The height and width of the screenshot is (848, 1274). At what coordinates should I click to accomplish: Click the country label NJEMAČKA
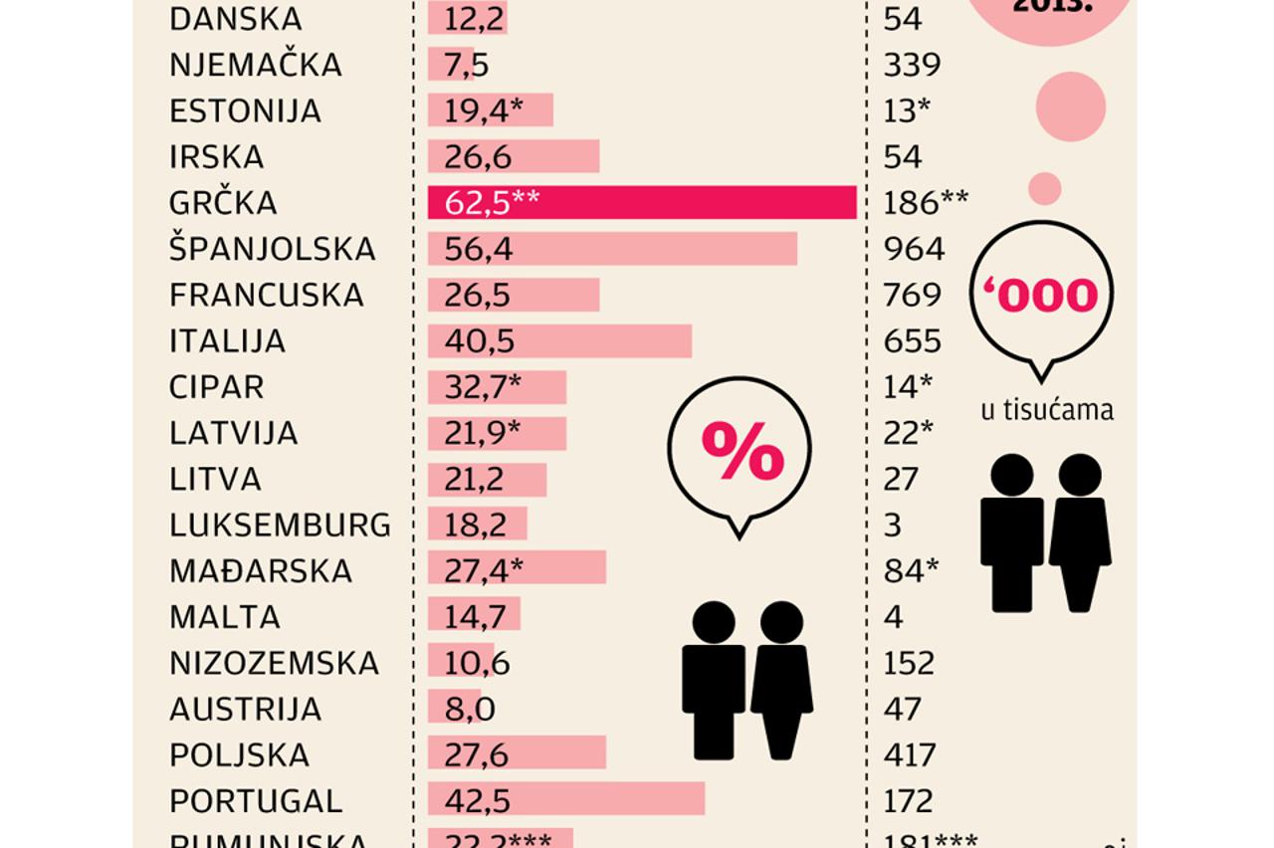click(256, 65)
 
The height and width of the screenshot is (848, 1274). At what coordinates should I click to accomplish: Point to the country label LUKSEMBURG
click(280, 525)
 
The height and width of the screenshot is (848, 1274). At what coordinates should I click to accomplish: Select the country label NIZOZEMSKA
click(274, 663)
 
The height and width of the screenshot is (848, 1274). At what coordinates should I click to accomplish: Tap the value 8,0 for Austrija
click(469, 709)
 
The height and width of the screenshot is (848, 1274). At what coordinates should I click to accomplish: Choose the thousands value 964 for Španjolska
click(913, 249)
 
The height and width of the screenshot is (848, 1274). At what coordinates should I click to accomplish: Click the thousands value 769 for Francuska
click(912, 295)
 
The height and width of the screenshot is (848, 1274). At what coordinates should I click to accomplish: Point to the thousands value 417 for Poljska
click(910, 754)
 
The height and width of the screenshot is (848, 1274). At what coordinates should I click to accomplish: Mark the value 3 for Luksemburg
click(892, 525)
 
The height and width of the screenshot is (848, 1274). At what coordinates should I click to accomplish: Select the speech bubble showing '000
click(1041, 295)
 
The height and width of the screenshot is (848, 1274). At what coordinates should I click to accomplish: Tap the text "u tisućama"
click(1047, 410)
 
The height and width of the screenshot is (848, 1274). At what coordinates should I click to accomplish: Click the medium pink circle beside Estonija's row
click(1071, 106)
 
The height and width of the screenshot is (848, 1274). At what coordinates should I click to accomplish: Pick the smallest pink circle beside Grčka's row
click(1044, 188)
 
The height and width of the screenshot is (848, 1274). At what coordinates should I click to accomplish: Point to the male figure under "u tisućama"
click(1011, 532)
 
